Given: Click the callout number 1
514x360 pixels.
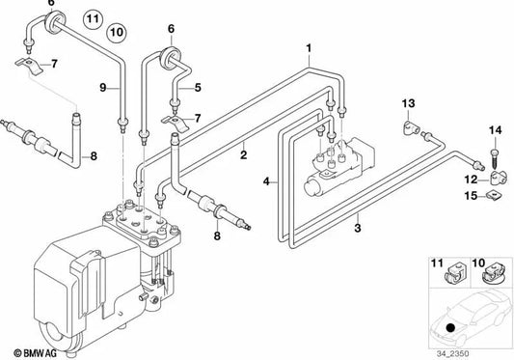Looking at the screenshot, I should pyautogui.click(x=310, y=46).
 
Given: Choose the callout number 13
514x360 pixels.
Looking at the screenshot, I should pyautogui.click(x=407, y=103).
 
